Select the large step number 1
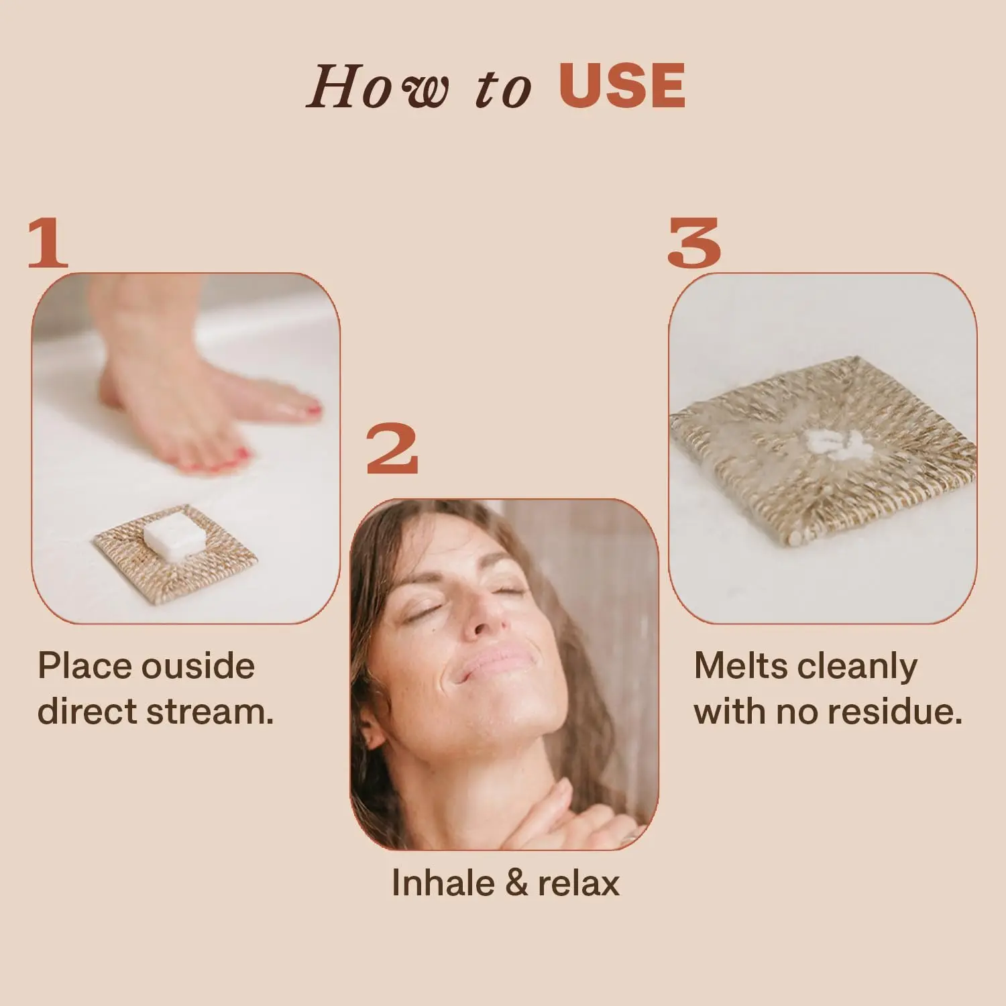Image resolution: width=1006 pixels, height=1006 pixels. pyautogui.click(x=48, y=243)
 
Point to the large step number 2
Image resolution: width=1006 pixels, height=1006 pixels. pyautogui.click(x=392, y=449)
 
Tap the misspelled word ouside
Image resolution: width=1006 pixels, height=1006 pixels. pyautogui.click(x=198, y=666)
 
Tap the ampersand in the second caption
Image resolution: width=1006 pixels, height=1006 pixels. pyautogui.click(x=516, y=883)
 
